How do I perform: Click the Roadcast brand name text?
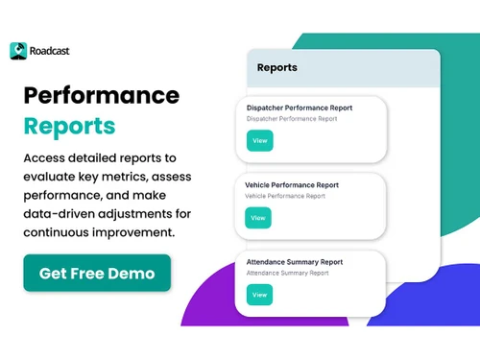[50, 51]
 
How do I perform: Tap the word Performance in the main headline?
[101, 95]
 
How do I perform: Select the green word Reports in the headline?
[70, 126]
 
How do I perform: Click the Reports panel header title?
[276, 68]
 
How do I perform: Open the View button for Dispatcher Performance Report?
[259, 140]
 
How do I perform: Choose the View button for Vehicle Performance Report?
[258, 218]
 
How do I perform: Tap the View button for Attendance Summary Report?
[259, 295]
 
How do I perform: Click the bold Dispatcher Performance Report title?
[299, 108]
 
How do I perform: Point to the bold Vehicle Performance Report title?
[293, 184]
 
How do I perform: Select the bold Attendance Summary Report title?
[295, 262]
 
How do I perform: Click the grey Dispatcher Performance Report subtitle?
[292, 119]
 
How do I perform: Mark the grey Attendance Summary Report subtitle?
[288, 274]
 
